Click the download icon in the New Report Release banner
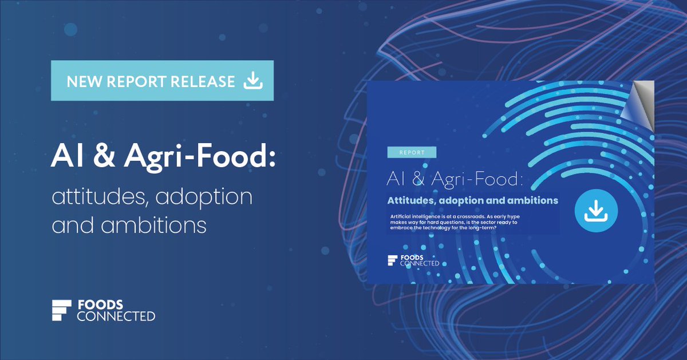click(253, 81)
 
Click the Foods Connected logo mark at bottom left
click(61, 310)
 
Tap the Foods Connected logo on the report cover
click(413, 260)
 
